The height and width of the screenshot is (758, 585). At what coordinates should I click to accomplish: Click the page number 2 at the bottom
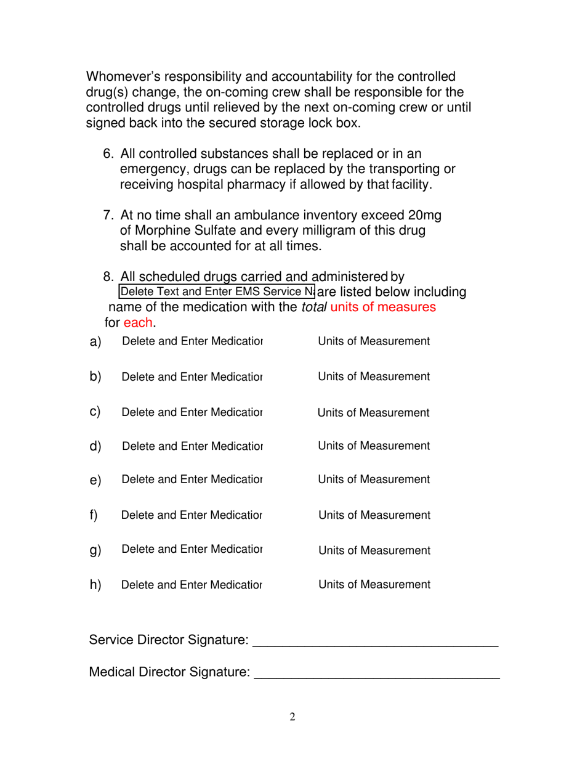pyautogui.click(x=292, y=717)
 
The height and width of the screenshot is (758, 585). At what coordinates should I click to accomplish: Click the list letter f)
pyautogui.click(x=94, y=514)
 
